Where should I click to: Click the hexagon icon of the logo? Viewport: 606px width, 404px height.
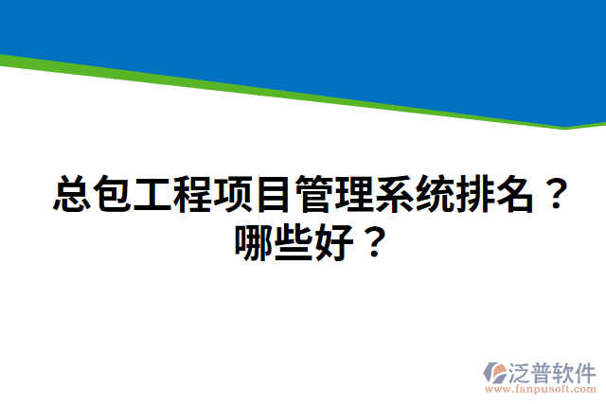497,374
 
